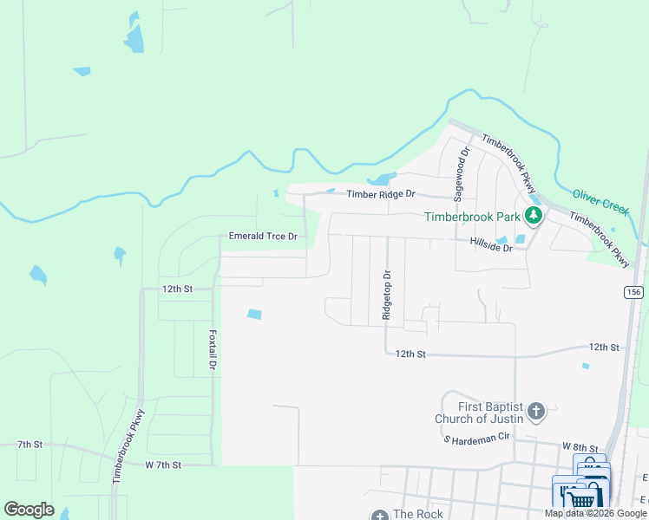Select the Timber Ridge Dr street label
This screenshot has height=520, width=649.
click(x=382, y=195)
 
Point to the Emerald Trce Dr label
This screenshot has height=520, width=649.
click(x=263, y=236)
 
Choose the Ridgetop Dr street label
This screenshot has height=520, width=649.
click(x=388, y=296)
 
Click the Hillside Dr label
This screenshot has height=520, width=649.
click(x=492, y=247)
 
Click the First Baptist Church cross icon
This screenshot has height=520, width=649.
click(x=536, y=411)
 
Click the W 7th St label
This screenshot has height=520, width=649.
click(x=163, y=465)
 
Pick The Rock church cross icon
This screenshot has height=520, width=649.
click(x=380, y=515)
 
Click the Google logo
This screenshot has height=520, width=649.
click(x=29, y=510)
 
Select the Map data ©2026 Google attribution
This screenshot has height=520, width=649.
click(x=595, y=513)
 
